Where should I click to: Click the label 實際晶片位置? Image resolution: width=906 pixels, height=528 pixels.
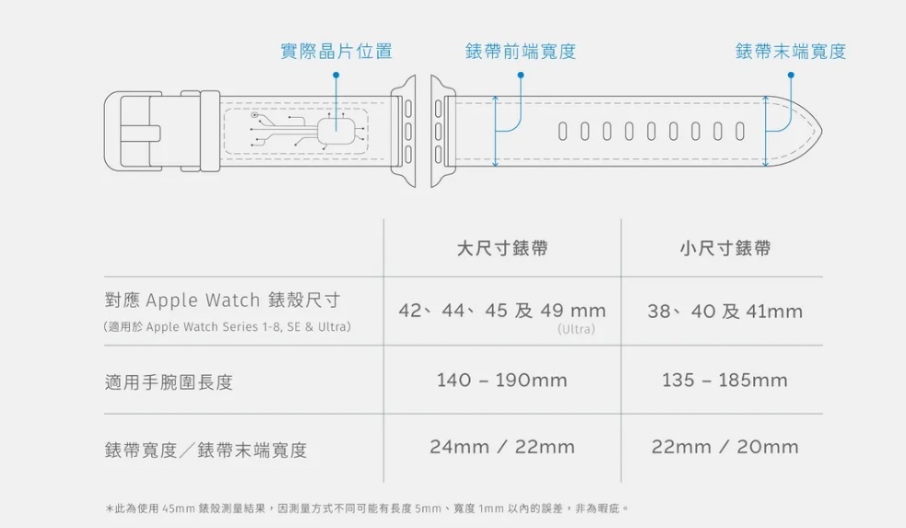335,52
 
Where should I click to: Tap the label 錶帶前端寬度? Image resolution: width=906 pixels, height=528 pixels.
521,52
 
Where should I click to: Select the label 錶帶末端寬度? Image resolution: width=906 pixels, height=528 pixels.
790,52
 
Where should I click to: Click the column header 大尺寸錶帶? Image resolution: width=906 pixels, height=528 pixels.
502,248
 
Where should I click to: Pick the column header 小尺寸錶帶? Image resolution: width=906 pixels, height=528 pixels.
724,248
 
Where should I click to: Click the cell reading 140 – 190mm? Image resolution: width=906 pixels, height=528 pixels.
502,380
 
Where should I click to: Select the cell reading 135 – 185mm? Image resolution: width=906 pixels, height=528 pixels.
724,380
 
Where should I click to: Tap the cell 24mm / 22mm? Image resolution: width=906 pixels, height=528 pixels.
502,447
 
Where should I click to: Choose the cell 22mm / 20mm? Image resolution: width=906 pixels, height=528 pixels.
724,447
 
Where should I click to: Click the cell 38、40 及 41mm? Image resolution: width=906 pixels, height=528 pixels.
724,311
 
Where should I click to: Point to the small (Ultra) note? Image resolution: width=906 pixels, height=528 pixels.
577,329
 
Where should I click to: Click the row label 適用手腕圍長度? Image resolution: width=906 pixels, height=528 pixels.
169,381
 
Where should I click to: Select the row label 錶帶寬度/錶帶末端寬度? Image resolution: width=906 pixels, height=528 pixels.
206,450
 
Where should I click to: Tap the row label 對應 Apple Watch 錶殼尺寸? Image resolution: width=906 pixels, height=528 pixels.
222,300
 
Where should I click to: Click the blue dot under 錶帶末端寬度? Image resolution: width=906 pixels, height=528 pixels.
790,75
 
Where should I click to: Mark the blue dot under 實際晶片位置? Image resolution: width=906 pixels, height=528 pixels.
336,75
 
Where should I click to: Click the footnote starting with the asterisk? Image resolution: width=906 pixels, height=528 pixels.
366,508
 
